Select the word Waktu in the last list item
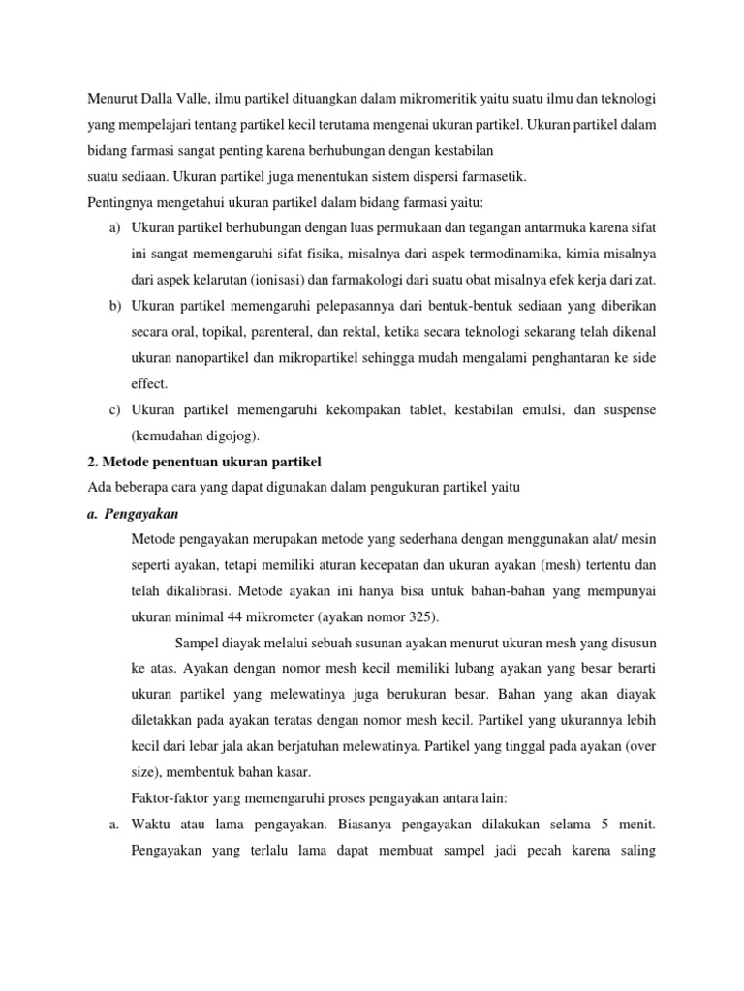tap(152, 825)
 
